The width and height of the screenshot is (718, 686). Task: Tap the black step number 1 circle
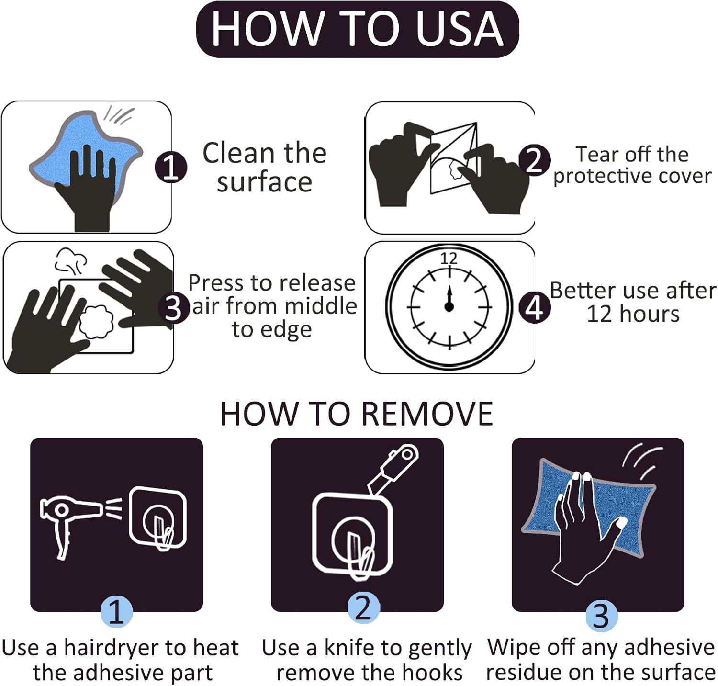click(x=171, y=168)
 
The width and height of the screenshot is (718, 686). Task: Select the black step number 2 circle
click(x=535, y=160)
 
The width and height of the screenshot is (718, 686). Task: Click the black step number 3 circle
click(x=174, y=308)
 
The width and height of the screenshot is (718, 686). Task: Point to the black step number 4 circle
click(x=535, y=307)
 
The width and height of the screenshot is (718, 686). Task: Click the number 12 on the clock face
click(x=449, y=259)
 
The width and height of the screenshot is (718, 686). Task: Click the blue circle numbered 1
click(x=116, y=611)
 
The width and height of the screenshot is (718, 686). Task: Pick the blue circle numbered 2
click(x=364, y=608)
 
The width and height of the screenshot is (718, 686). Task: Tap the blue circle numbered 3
click(x=602, y=615)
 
